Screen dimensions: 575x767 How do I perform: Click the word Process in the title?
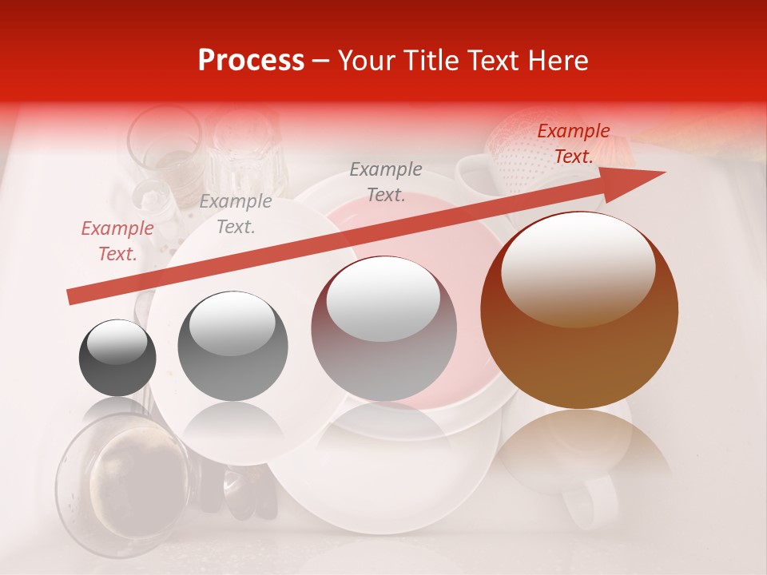click(251, 61)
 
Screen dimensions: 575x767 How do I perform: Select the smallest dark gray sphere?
click(117, 358)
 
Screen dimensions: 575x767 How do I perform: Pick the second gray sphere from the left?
click(232, 347)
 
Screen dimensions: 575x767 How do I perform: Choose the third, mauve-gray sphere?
click(383, 329)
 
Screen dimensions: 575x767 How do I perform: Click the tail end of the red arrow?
click(70, 296)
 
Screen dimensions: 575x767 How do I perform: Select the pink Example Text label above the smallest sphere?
click(117, 241)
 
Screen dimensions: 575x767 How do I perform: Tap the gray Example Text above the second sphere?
click(235, 214)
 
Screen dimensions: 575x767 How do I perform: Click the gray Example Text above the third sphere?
click(386, 182)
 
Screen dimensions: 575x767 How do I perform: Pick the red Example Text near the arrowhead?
click(573, 144)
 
